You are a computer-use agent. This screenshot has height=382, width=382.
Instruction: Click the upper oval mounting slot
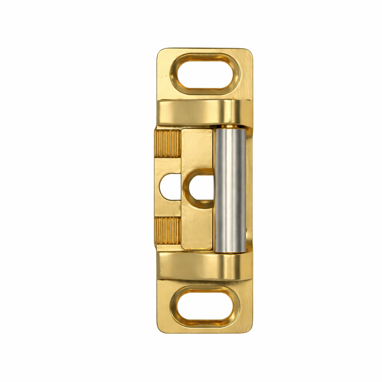point(206,72)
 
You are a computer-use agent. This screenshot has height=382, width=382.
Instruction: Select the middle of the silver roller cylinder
point(231,189)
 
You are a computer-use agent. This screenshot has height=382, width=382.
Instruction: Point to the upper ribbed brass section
point(168,144)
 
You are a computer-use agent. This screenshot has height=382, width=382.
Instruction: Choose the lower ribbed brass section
point(168,231)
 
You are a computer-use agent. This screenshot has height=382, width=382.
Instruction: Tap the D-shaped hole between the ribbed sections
point(170,187)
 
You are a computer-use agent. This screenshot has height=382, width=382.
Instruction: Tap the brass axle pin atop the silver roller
point(231,127)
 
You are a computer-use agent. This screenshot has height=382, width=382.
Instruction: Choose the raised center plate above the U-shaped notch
point(197,149)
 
